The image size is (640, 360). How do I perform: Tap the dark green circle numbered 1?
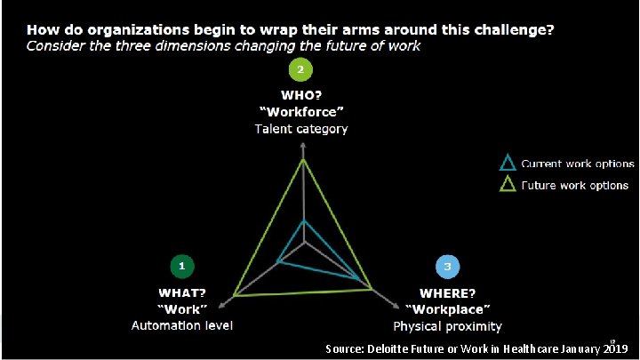[181, 266]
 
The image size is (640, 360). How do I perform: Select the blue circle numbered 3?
[447, 266]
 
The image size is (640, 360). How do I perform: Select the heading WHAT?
[182, 292]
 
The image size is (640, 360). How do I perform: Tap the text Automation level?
[182, 325]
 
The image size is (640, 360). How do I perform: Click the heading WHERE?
[447, 292]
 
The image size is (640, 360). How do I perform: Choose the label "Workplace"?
[447, 308]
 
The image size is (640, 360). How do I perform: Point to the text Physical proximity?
[447, 325]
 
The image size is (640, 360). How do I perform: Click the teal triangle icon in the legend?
[507, 163]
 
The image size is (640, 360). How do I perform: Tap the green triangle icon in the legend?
[507, 185]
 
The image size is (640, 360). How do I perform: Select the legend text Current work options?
[577, 164]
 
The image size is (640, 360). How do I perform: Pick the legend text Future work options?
[575, 186]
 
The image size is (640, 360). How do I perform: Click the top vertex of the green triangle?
[304, 160]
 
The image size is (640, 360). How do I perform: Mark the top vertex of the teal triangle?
[304, 220]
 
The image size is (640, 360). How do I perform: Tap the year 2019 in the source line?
[614, 348]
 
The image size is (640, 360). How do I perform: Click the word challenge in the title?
[511, 30]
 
